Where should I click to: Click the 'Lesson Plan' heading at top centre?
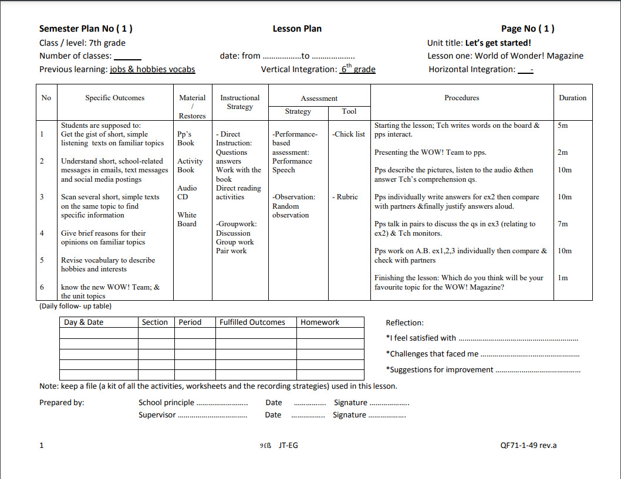click(x=297, y=29)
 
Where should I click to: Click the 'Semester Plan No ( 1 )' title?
click(x=86, y=29)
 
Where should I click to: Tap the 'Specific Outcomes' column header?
click(x=114, y=98)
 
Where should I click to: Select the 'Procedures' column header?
click(x=461, y=98)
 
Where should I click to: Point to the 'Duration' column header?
click(x=572, y=98)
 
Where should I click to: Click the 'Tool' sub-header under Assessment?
click(x=349, y=111)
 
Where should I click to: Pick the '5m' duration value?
click(x=562, y=125)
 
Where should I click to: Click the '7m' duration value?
click(x=562, y=224)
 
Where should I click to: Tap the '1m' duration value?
click(x=562, y=278)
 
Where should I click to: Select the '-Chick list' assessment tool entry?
click(x=349, y=134)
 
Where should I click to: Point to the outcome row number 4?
click(x=42, y=233)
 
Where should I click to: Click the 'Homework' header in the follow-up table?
click(x=320, y=322)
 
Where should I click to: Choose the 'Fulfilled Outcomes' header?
click(x=252, y=322)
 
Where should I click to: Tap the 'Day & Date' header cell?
click(x=83, y=322)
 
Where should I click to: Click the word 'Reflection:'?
click(x=404, y=323)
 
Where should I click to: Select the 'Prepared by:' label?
click(x=62, y=403)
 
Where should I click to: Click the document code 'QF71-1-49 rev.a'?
click(x=528, y=445)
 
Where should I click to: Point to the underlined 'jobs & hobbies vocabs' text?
click(x=152, y=69)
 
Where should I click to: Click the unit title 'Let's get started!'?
click(x=498, y=43)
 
